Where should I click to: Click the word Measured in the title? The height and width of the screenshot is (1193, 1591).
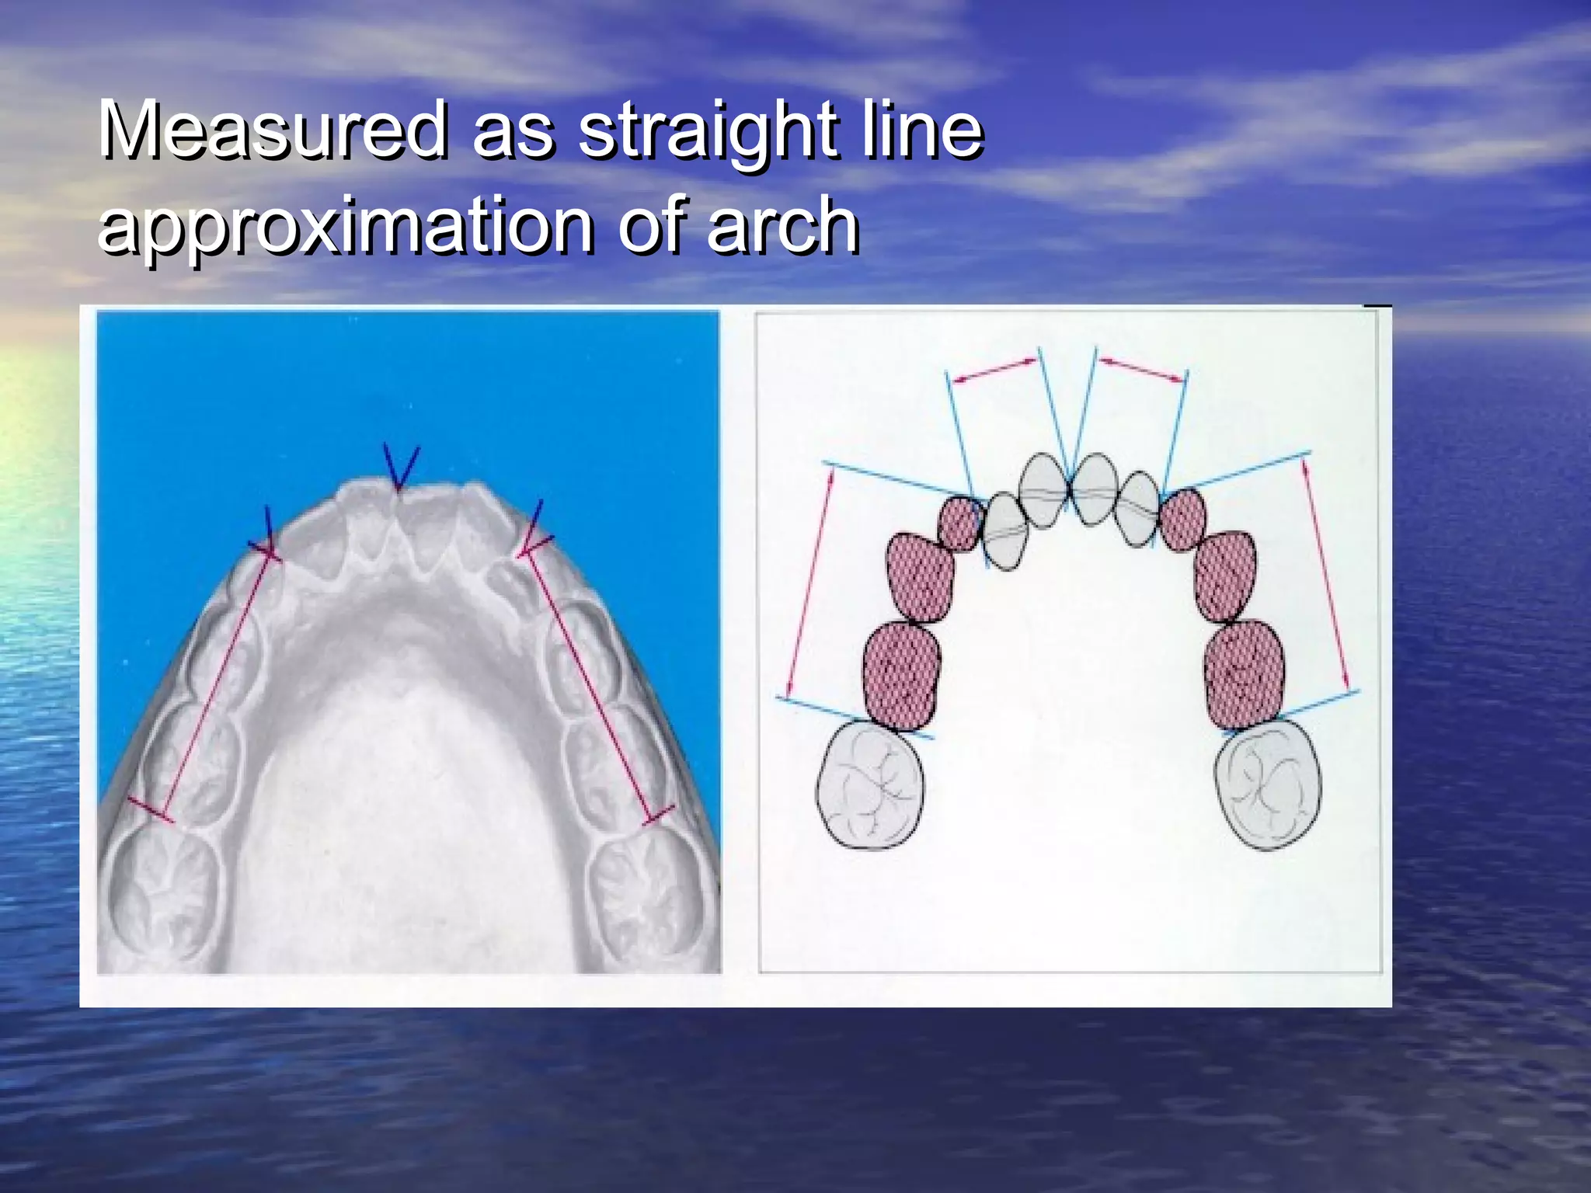[272, 130]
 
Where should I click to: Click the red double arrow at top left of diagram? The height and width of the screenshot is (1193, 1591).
[995, 369]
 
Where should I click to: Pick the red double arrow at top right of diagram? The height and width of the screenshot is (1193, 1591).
[1143, 369]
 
